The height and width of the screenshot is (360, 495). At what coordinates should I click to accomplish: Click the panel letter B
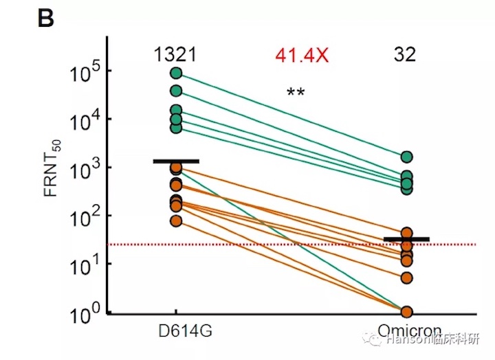(45, 19)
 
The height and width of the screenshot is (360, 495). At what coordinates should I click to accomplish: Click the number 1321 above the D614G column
(176, 55)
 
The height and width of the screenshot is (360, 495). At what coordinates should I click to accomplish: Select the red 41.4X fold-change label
(302, 56)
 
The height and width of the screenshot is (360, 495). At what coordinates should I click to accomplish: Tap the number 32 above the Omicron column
(405, 55)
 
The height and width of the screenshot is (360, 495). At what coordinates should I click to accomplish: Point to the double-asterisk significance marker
(296, 93)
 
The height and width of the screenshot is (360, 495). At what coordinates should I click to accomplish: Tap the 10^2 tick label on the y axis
(86, 218)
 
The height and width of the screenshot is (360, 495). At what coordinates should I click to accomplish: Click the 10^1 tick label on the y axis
(86, 267)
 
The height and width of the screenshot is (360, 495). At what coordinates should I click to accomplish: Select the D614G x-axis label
(183, 331)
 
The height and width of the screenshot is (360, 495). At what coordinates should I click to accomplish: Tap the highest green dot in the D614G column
(177, 73)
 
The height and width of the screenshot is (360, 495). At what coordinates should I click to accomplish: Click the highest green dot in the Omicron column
(407, 157)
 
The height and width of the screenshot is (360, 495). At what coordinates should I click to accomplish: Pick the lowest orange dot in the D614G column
(177, 221)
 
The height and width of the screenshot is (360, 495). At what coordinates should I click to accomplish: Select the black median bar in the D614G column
(177, 161)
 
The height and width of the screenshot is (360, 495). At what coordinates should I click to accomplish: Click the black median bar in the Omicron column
(406, 239)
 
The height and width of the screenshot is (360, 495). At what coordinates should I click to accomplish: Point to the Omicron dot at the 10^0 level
(407, 312)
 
